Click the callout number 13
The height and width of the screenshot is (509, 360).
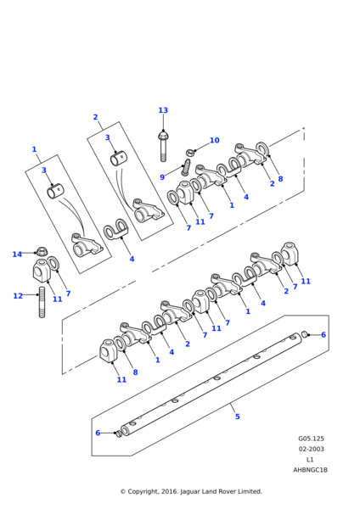coord(163,110)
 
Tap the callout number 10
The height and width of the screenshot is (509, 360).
coord(215,140)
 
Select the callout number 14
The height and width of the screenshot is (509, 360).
coord(17,255)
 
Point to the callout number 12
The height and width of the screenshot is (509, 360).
coord(18,296)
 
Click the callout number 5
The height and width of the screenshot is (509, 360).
coord(238,417)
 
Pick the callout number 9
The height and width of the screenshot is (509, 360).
coord(162,177)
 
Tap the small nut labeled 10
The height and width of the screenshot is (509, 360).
coord(190,152)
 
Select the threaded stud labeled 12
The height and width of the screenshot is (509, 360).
coord(42,302)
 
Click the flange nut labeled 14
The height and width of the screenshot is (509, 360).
coord(41,251)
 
